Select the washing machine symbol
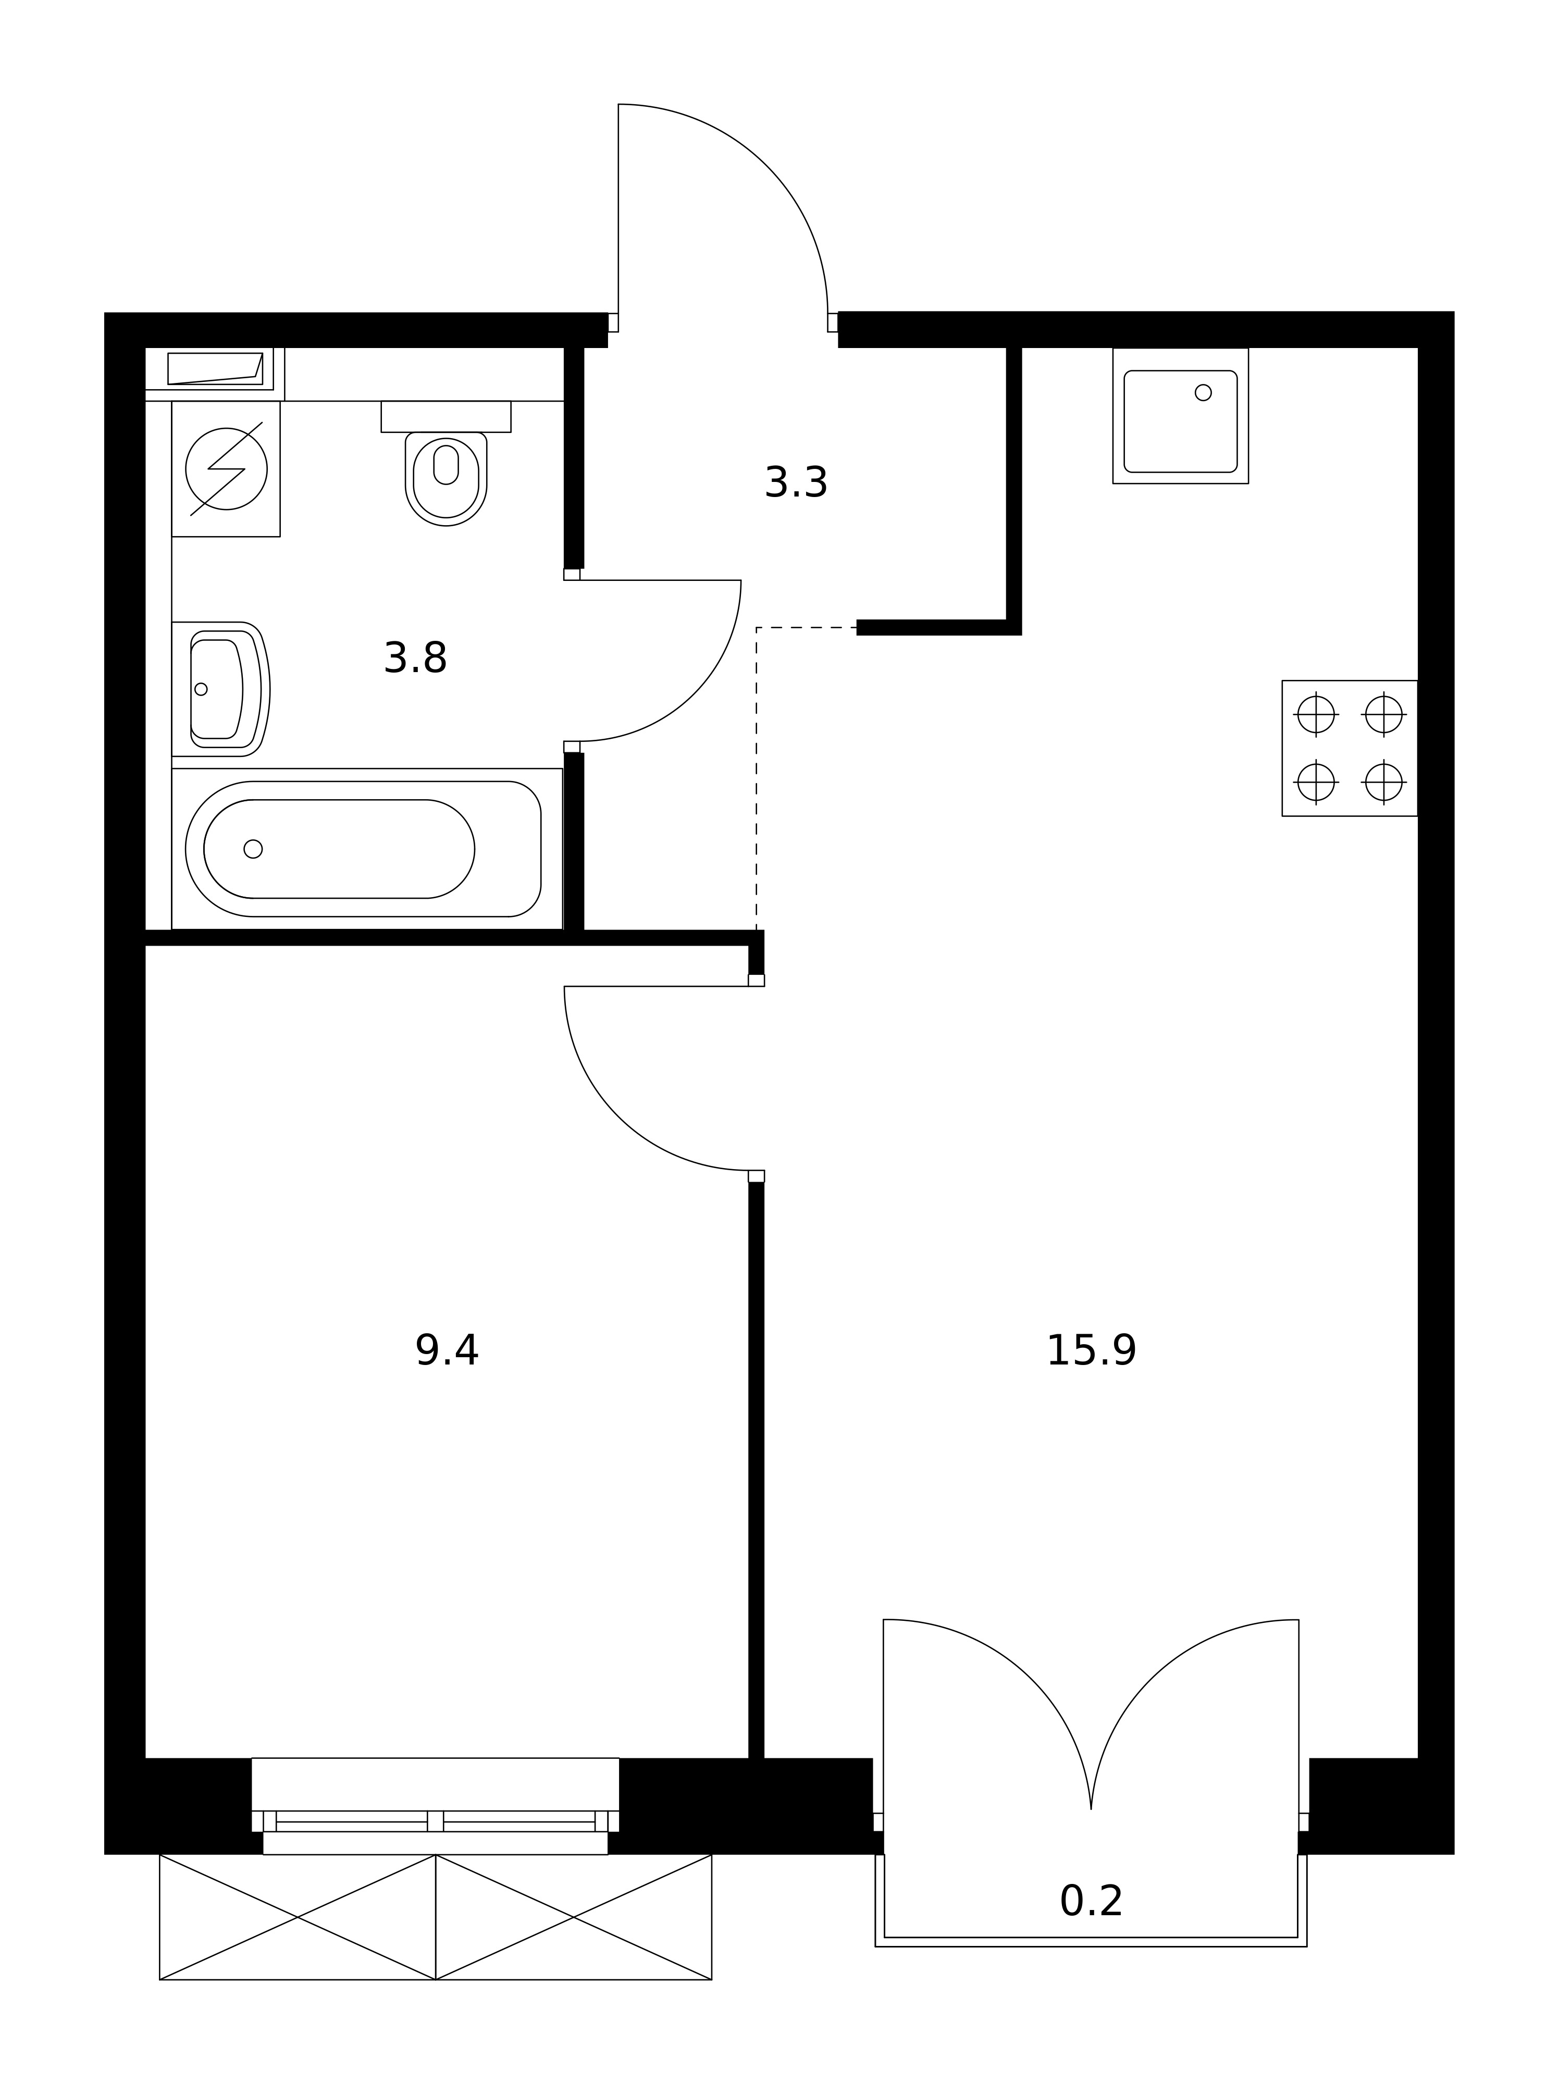pyautogui.click(x=226, y=469)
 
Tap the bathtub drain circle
pyautogui.click(x=253, y=849)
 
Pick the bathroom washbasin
pyautogui.click(x=220, y=689)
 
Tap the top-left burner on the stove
pyautogui.click(x=1316, y=714)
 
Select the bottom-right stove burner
pyautogui.click(x=1384, y=781)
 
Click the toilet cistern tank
pyautogui.click(x=446, y=416)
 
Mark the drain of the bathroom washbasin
pyautogui.click(x=201, y=689)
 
